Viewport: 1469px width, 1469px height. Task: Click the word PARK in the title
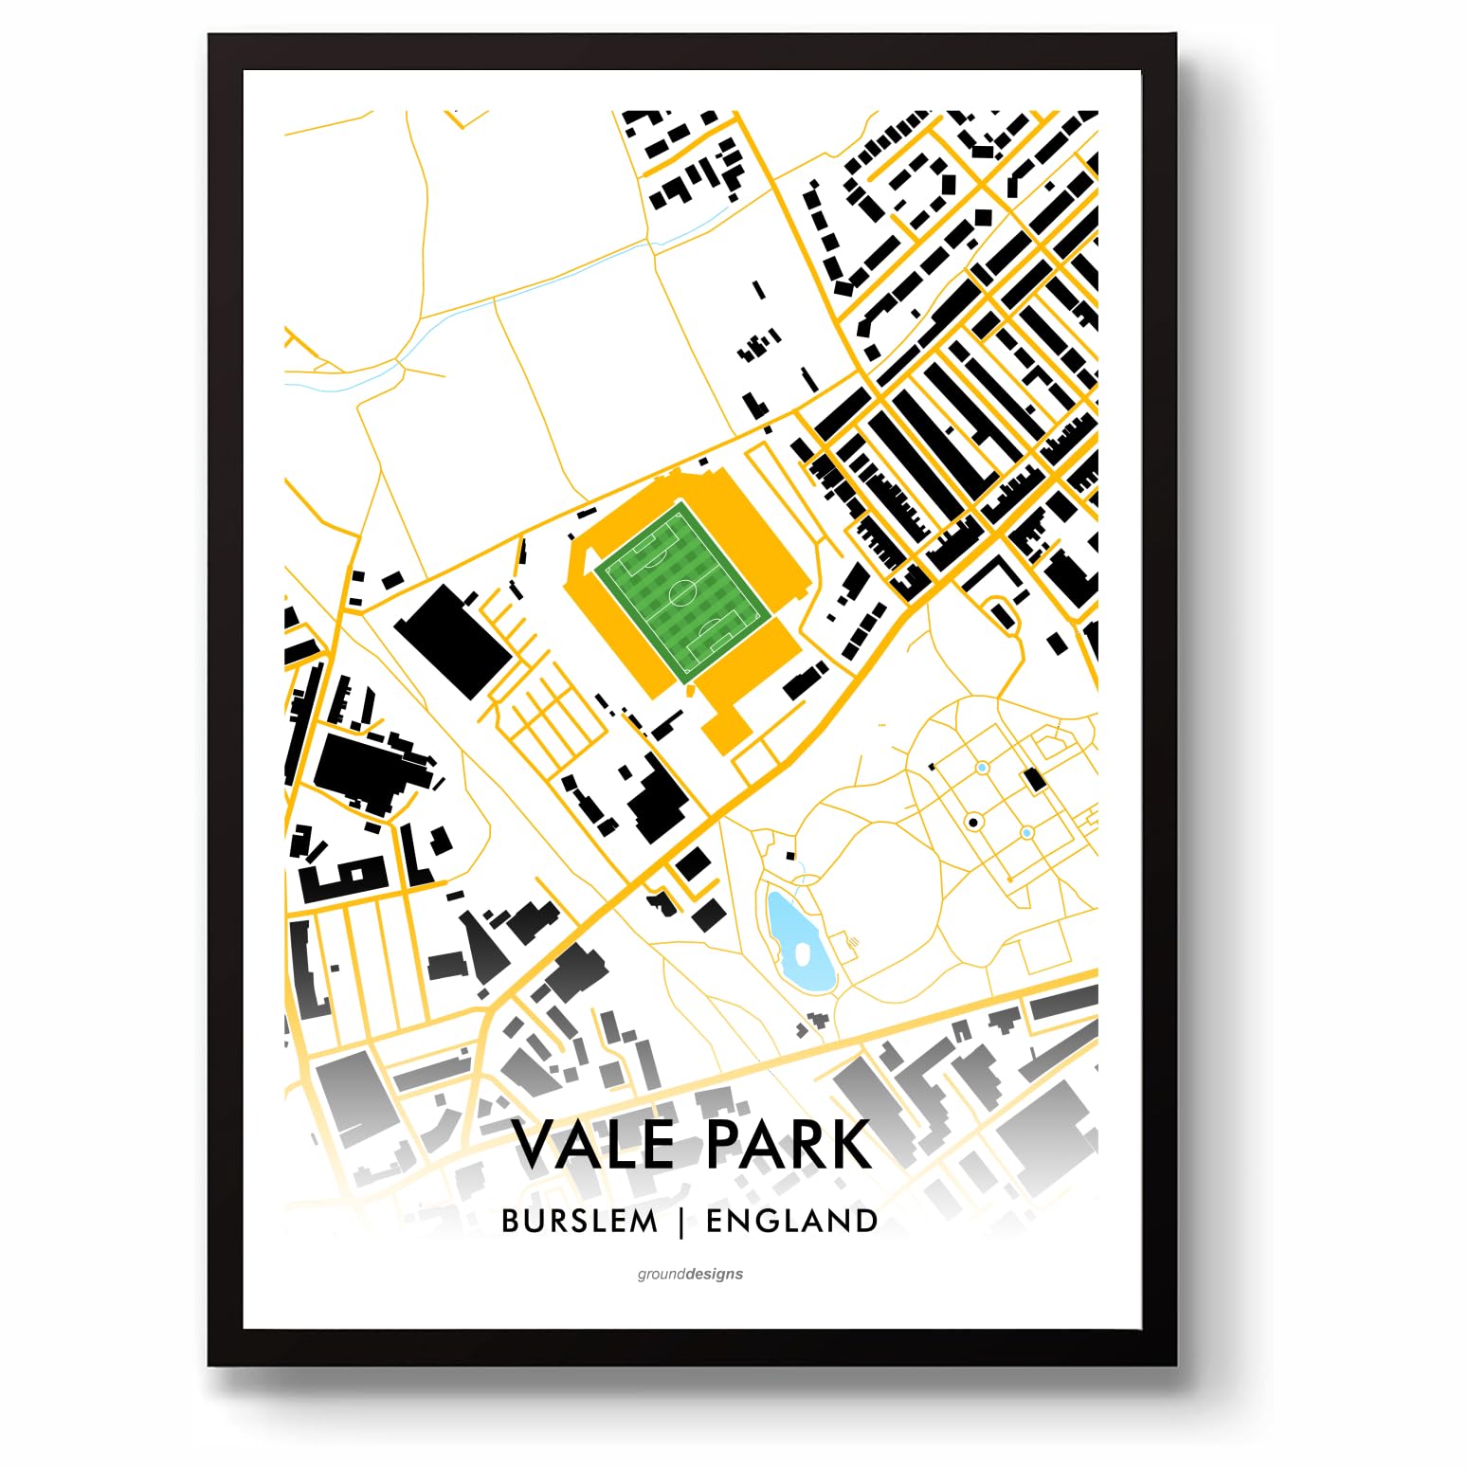tap(789, 1145)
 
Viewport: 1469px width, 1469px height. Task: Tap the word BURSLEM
tap(579, 1221)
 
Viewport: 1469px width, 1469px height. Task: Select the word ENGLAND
tap(792, 1221)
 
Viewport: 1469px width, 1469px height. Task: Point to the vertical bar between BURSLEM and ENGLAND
tap(681, 1222)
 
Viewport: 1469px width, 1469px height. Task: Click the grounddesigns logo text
tap(690, 1274)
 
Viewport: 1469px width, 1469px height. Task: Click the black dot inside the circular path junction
tap(973, 822)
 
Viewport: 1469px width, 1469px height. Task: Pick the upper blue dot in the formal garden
tap(983, 767)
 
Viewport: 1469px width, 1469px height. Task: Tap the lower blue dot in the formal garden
tap(1026, 832)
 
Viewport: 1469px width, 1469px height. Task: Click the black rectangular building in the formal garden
tap(1033, 780)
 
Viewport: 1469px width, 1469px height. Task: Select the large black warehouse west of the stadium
tap(453, 642)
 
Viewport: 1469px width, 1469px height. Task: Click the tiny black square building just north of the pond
tap(789, 856)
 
